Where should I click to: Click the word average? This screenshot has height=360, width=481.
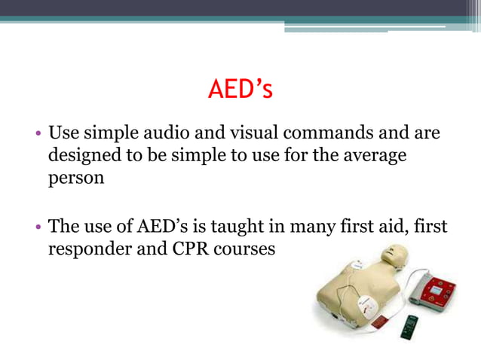point(369,157)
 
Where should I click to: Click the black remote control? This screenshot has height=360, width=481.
point(409,326)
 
